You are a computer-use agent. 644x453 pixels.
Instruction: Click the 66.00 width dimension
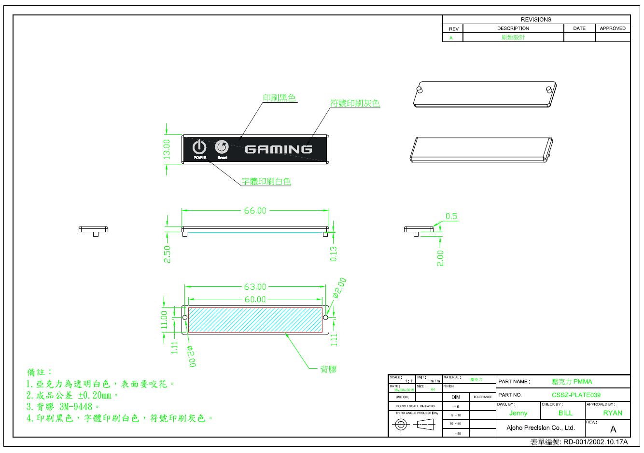tap(255, 211)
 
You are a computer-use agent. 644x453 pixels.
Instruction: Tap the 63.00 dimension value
tap(255, 287)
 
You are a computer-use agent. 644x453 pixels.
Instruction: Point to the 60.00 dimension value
tap(255, 299)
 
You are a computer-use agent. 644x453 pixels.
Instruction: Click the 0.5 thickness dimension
tap(451, 216)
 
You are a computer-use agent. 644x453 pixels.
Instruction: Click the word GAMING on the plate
tap(279, 149)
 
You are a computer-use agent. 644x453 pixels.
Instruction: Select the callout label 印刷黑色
tap(279, 98)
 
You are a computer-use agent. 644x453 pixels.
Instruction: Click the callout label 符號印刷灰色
tap(355, 103)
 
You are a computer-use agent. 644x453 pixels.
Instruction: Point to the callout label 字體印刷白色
tap(266, 182)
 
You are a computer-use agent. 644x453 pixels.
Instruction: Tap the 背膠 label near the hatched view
tap(329, 370)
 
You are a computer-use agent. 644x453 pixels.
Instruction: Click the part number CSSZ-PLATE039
tap(576, 395)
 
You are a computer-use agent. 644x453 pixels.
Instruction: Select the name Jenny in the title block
tap(518, 413)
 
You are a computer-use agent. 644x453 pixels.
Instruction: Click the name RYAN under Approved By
tap(612, 413)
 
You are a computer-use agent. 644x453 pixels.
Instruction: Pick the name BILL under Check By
tap(565, 413)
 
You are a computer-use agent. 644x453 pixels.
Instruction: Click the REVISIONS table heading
tap(536, 20)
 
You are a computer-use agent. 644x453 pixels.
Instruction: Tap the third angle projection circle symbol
tap(401, 425)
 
